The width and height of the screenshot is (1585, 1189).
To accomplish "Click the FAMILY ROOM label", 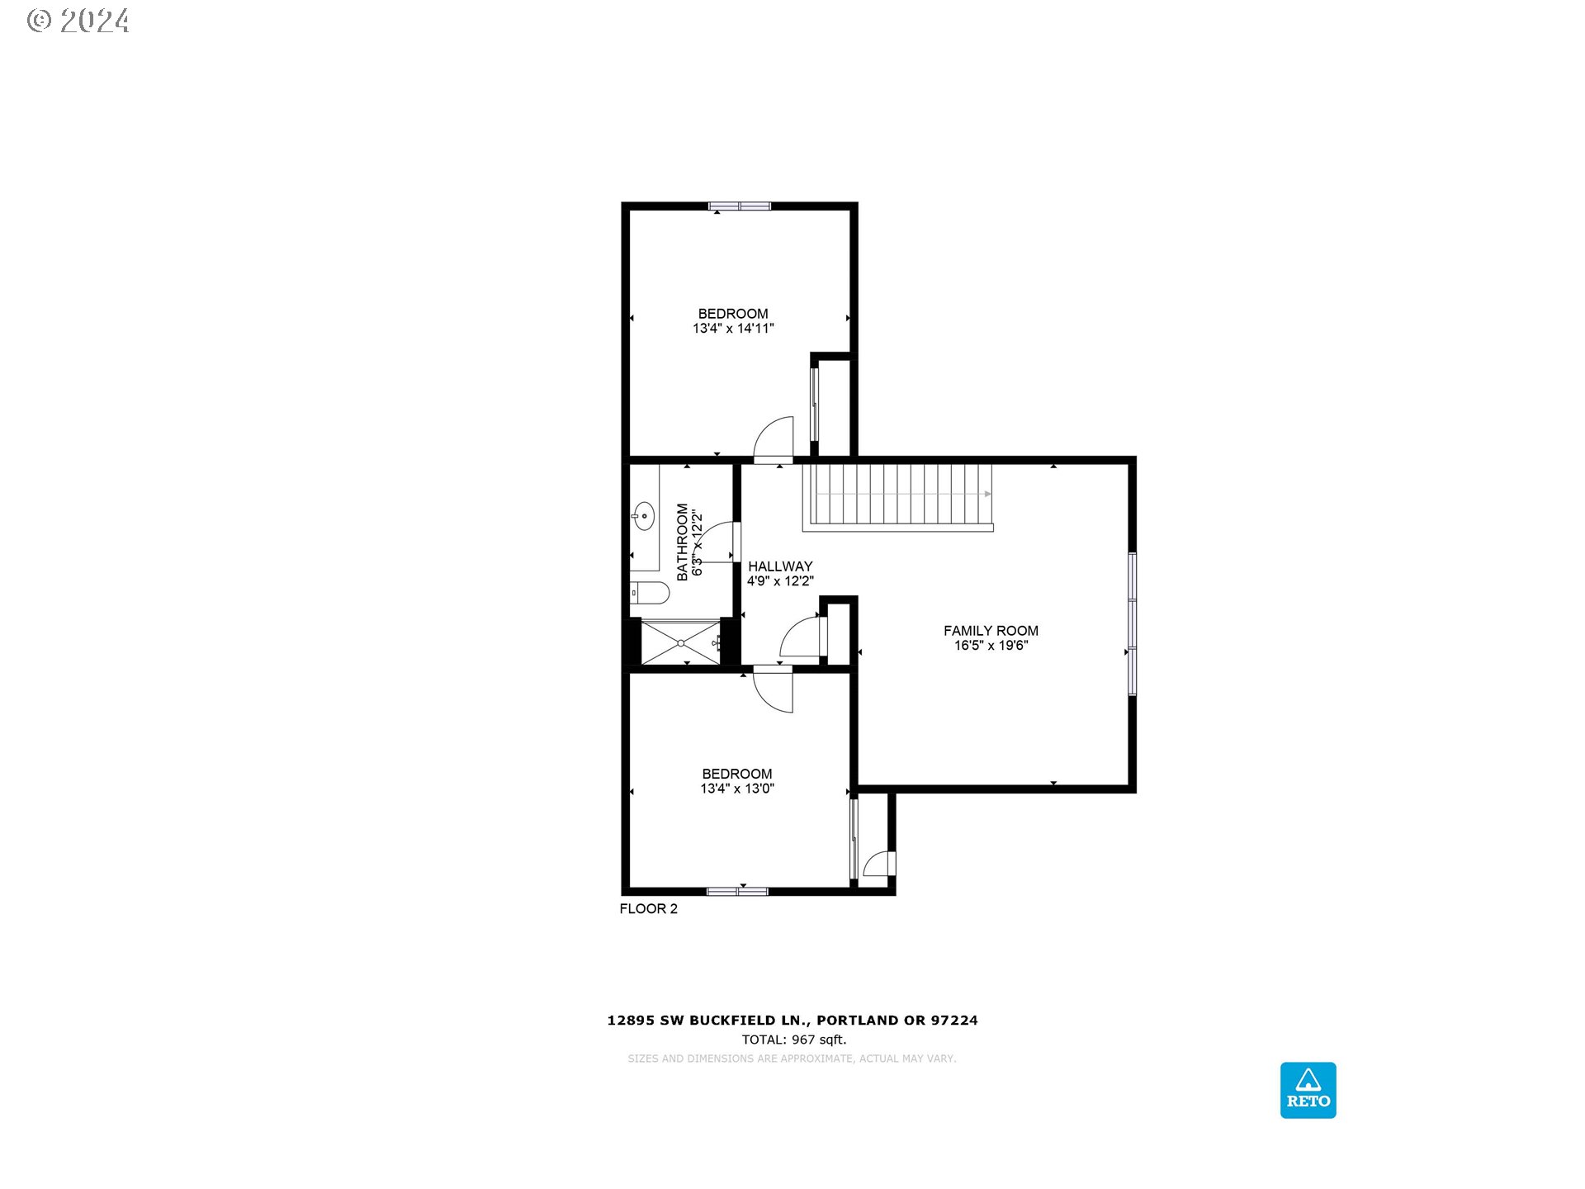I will [x=991, y=631].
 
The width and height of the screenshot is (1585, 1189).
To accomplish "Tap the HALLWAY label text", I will [x=780, y=566].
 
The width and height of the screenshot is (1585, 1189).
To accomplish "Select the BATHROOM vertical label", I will [x=683, y=542].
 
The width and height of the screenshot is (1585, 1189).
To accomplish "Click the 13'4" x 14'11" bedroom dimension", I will [x=733, y=329].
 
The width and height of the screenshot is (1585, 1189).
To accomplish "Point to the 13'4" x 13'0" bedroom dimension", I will [x=737, y=789].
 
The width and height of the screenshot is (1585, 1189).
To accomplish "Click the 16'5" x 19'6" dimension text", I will [x=991, y=646].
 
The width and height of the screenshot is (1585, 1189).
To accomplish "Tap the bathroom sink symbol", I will [x=643, y=517].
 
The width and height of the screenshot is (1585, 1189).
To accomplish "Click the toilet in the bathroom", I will [x=652, y=592].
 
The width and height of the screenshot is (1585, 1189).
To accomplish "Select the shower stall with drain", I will [x=680, y=642].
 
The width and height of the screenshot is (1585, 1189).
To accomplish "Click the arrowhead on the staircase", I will [x=987, y=494].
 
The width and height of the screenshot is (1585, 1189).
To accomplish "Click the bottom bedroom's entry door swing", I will [x=774, y=689].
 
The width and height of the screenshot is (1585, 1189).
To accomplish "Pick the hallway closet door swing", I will [x=801, y=637].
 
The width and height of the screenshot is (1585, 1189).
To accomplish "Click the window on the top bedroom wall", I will [x=740, y=206].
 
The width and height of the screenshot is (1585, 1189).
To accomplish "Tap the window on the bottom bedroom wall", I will [x=737, y=892].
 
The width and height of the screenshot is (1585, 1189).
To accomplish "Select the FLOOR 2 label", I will [x=648, y=908].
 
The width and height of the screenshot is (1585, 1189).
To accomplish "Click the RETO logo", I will [x=1308, y=1090].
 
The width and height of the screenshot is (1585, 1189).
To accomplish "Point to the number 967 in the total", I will [x=803, y=1040].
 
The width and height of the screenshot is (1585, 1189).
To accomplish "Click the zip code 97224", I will [x=954, y=1021].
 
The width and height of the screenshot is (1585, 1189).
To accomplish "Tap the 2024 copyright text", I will [x=94, y=21].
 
